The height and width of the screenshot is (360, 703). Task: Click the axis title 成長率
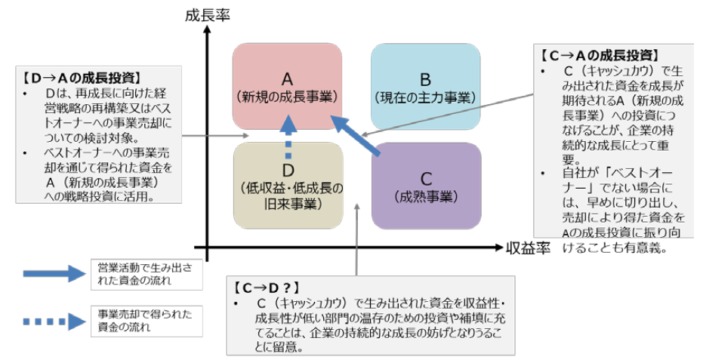pyautogui.click(x=207, y=13)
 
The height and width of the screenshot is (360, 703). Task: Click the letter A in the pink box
pyautogui.click(x=287, y=78)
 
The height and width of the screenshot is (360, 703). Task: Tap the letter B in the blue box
pyautogui.click(x=425, y=79)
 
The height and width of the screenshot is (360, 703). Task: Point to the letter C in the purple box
pyautogui.click(x=426, y=179)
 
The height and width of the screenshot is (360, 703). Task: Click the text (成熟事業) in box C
pyautogui.click(x=426, y=197)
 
